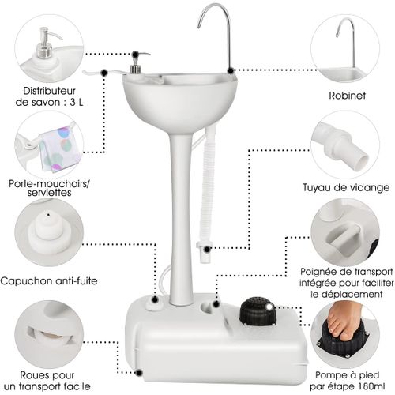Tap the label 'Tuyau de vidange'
[x=345, y=187]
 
